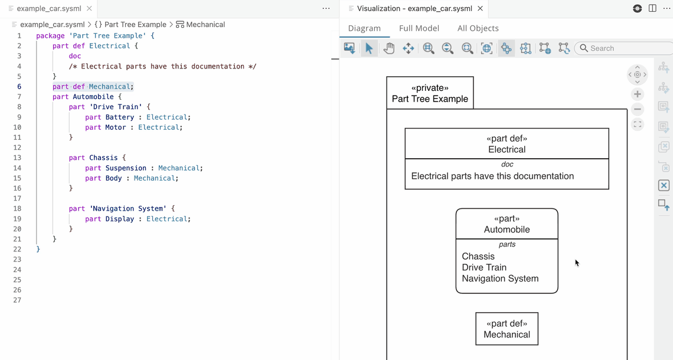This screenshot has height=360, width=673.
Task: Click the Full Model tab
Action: point(419,28)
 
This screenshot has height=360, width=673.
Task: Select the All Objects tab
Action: point(478,28)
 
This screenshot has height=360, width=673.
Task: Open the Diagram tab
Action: point(364,28)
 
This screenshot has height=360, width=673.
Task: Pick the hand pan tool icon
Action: point(388,48)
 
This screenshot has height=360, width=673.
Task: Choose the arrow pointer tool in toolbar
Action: point(369,48)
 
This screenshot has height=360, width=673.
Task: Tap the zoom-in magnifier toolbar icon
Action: point(429,48)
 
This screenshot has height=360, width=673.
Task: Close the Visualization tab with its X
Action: point(481,9)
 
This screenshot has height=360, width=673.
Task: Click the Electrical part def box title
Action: point(507,149)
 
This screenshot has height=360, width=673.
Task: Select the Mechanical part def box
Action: point(507,329)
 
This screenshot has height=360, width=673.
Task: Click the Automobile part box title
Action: point(507,230)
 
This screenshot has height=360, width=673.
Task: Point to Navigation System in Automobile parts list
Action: point(500,279)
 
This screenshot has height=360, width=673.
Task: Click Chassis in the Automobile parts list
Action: point(478,256)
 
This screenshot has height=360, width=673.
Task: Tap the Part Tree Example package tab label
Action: point(430,99)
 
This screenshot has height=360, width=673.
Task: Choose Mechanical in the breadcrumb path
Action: point(205,25)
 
